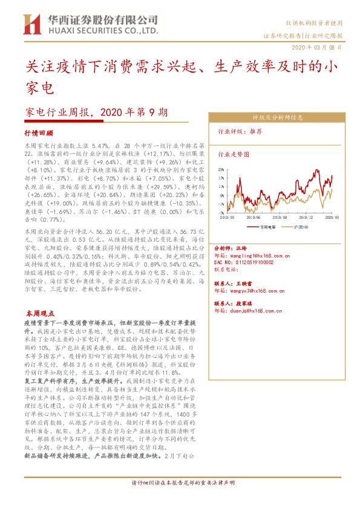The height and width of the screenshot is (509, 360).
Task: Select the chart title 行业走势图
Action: [x=234, y=154]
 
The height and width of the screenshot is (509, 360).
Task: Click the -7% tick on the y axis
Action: [x=223, y=213]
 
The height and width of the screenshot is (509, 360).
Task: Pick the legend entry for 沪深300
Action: [x=298, y=228]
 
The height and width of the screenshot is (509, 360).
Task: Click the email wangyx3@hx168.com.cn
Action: [x=251, y=291]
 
